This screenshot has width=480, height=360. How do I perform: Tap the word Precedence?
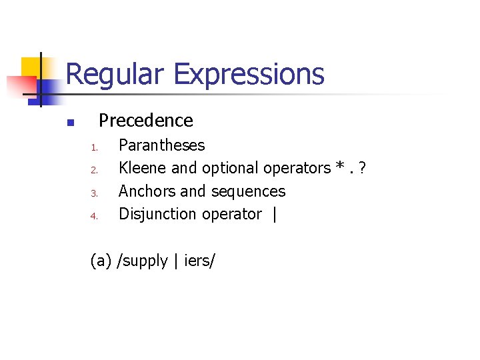coord(145,121)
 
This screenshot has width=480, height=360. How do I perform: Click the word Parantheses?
coord(161,145)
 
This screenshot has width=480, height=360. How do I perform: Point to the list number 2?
coord(95,170)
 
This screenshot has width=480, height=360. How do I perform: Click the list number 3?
coord(95,193)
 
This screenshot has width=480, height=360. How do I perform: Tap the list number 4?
coord(95,216)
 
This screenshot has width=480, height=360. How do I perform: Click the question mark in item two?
coord(362,168)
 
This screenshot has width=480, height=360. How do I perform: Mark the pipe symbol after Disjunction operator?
coord(274,215)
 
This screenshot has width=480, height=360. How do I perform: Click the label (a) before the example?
coord(101,261)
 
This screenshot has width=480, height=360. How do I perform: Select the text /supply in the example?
coord(142,261)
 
